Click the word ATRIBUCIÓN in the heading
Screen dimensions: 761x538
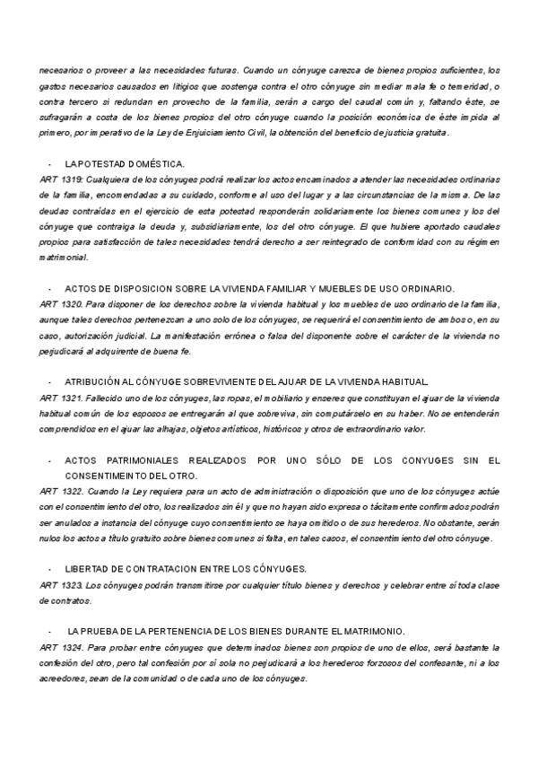tap(92, 380)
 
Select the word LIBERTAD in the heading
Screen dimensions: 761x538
tap(88, 568)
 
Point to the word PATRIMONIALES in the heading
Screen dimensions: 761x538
tap(156, 460)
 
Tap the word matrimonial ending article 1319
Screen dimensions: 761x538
tap(63, 257)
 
